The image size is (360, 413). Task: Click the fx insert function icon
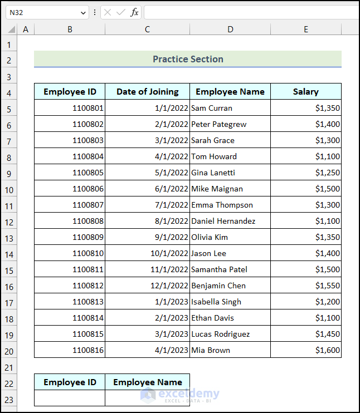click(134, 12)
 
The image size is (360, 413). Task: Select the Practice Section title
click(188, 59)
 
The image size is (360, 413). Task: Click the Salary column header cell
click(305, 92)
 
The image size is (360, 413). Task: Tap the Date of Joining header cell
click(147, 92)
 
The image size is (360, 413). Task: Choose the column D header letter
click(230, 29)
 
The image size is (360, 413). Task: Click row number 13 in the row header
click(9, 238)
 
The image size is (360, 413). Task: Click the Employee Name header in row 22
click(147, 382)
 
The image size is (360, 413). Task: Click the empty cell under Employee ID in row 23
click(70, 398)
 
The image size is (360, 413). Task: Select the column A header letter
click(25, 29)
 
